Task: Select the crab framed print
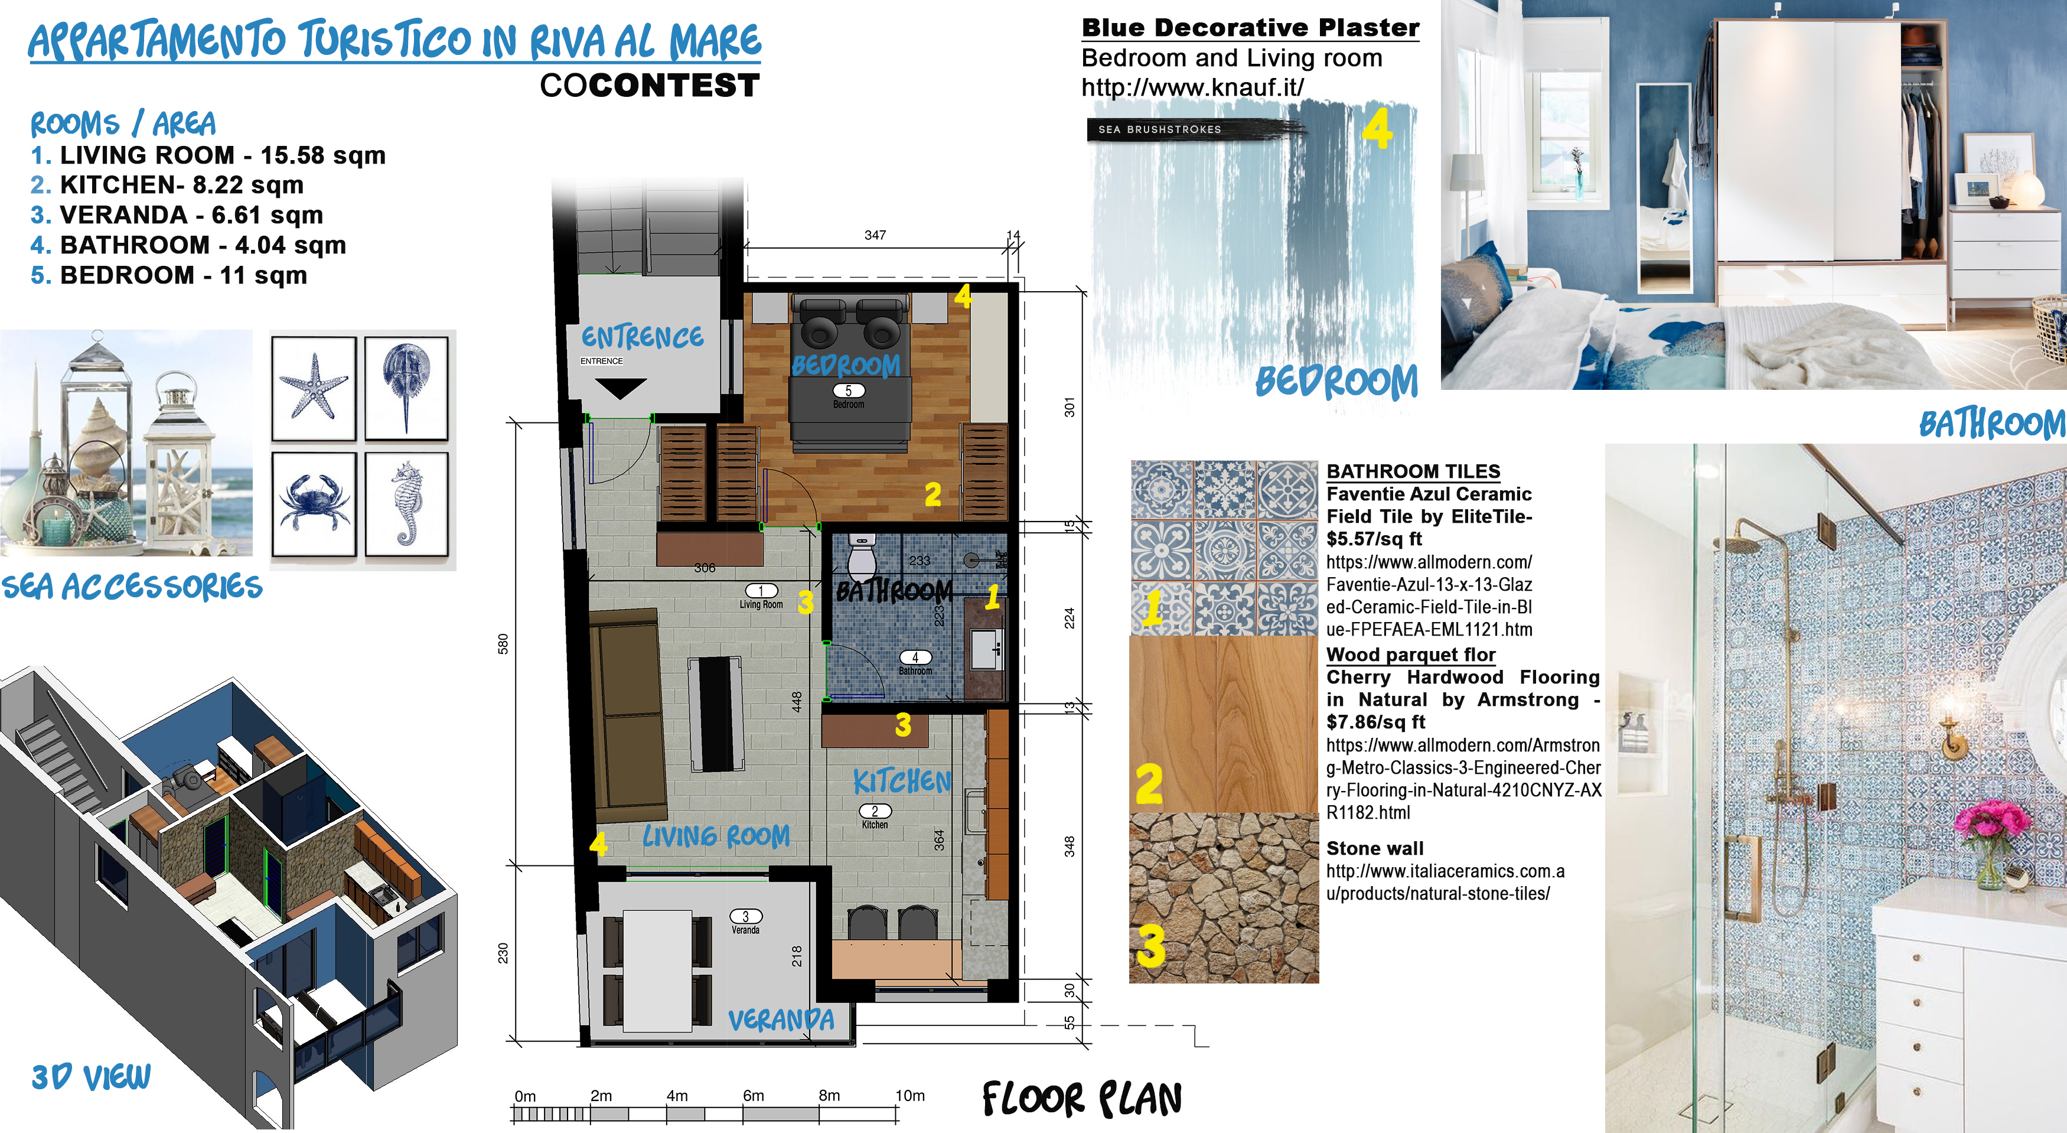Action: (314, 504)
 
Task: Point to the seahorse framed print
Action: (407, 504)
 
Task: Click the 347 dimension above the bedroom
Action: (875, 235)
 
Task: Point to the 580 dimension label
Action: (503, 643)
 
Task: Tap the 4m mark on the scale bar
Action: (677, 1095)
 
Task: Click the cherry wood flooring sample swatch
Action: (1224, 725)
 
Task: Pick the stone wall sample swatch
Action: (1224, 898)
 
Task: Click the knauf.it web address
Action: (1192, 87)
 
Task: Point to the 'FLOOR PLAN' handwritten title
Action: (1082, 1099)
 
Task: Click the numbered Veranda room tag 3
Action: (745, 916)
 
